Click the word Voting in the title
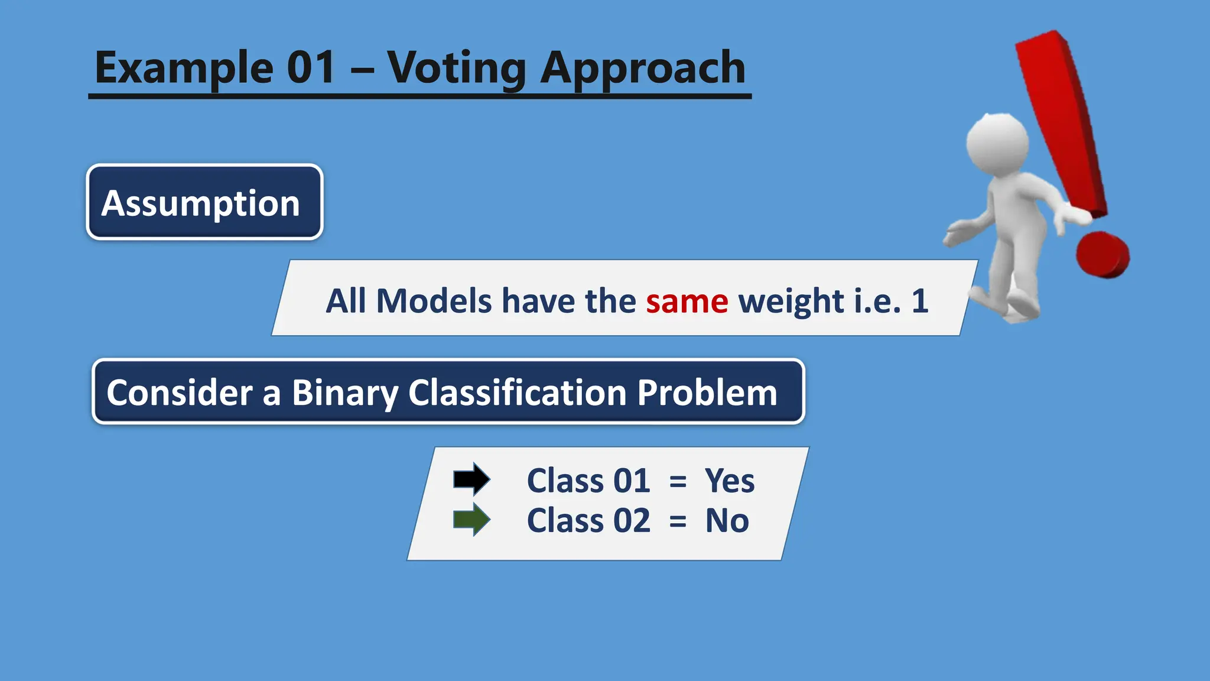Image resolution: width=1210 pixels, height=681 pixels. pyautogui.click(x=456, y=68)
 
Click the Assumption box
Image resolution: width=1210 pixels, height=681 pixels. pyautogui.click(x=204, y=203)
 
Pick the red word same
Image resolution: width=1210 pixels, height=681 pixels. pyautogui.click(x=687, y=301)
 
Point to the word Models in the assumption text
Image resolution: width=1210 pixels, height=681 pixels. pyautogui.click(x=434, y=301)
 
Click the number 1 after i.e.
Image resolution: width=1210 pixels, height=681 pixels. pyautogui.click(x=919, y=301)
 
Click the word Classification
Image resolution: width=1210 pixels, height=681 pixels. pyautogui.click(x=517, y=393)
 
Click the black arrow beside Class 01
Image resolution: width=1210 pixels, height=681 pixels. pyautogui.click(x=471, y=479)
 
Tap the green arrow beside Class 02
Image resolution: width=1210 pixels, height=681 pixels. pyautogui.click(x=471, y=520)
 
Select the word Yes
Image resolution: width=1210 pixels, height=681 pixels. pyautogui.click(x=729, y=481)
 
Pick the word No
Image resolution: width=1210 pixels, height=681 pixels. pyautogui.click(x=727, y=521)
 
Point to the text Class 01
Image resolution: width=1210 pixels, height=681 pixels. pyautogui.click(x=588, y=481)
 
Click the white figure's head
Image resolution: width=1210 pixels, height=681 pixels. pyautogui.click(x=997, y=144)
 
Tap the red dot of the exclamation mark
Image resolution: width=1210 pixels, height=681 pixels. pyautogui.click(x=1102, y=255)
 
